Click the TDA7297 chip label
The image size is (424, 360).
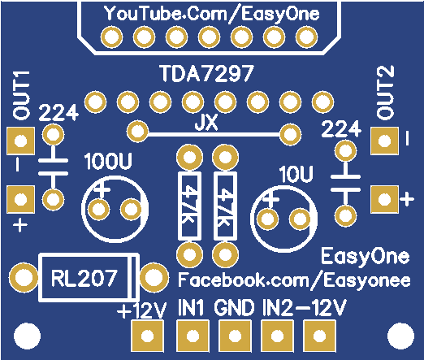pyautogui.click(x=207, y=73)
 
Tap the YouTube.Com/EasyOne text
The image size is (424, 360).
pyautogui.click(x=212, y=14)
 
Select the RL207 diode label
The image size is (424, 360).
pyautogui.click(x=84, y=278)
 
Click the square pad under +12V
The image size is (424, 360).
pyautogui.click(x=147, y=336)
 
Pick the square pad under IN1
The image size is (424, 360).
pyautogui.click(x=193, y=336)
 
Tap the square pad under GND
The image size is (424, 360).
pyautogui.click(x=235, y=336)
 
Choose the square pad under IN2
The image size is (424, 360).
pyautogui.click(x=277, y=336)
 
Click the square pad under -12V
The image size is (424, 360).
pyautogui.click(x=319, y=336)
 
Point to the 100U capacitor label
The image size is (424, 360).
pyautogui.click(x=108, y=162)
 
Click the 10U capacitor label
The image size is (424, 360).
pyautogui.click(x=296, y=174)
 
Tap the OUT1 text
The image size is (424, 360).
pyautogui.click(x=21, y=95)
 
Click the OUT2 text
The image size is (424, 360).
pyautogui.click(x=386, y=92)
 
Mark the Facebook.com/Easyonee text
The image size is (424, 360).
pyautogui.click(x=294, y=280)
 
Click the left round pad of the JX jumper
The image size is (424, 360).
pyautogui.click(x=138, y=132)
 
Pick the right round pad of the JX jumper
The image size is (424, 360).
pyautogui.click(x=290, y=134)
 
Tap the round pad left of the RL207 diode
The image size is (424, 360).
pyautogui.click(x=24, y=277)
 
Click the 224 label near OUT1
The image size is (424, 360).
pyautogui.click(x=58, y=113)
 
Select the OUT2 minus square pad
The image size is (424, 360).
pyautogui.click(x=385, y=141)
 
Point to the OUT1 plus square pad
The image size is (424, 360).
pyautogui.click(x=20, y=199)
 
